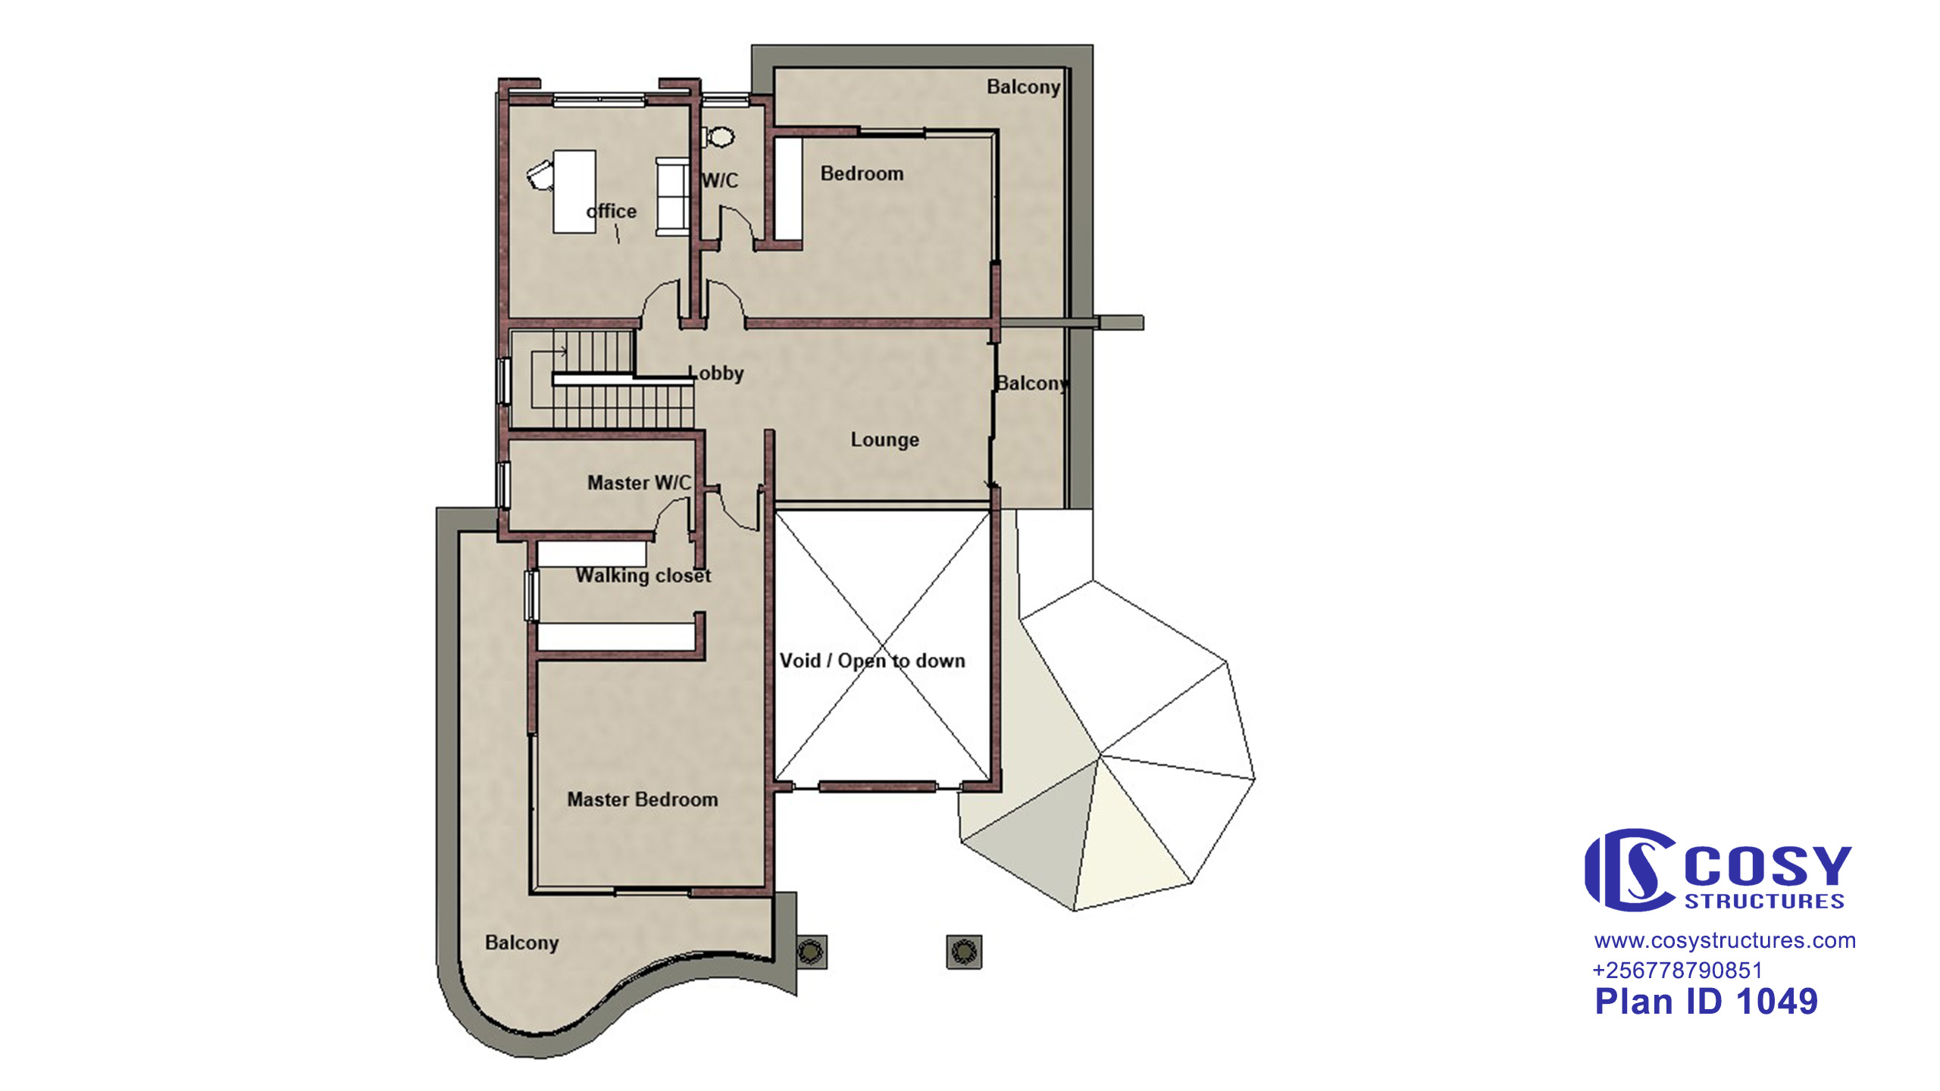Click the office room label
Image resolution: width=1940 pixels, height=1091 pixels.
(x=612, y=211)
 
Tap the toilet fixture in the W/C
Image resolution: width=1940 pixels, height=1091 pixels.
(x=718, y=137)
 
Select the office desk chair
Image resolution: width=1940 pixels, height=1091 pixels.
(x=540, y=175)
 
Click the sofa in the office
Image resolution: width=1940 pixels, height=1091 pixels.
(x=672, y=197)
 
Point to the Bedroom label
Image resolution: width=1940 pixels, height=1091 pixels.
(x=862, y=173)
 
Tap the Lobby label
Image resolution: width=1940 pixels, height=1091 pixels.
(x=715, y=373)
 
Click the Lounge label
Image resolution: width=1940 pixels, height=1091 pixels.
(x=884, y=439)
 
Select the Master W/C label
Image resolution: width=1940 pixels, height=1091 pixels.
(x=639, y=483)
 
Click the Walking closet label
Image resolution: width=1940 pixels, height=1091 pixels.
(x=643, y=576)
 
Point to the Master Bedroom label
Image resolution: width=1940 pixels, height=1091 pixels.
(x=643, y=799)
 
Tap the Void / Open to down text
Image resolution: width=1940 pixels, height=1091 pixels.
(x=872, y=661)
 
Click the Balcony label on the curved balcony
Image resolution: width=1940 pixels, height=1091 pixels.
(x=521, y=943)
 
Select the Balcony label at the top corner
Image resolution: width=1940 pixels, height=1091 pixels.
(x=1023, y=87)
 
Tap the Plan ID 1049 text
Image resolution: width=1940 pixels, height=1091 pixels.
(x=1706, y=1002)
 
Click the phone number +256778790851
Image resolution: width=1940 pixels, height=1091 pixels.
(x=1678, y=971)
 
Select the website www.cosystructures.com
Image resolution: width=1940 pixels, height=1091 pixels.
(x=1725, y=941)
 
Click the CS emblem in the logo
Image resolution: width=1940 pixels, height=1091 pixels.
(x=1629, y=870)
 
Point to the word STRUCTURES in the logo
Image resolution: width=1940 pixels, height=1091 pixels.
(x=1764, y=902)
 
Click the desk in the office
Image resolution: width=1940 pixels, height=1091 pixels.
(x=574, y=191)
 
